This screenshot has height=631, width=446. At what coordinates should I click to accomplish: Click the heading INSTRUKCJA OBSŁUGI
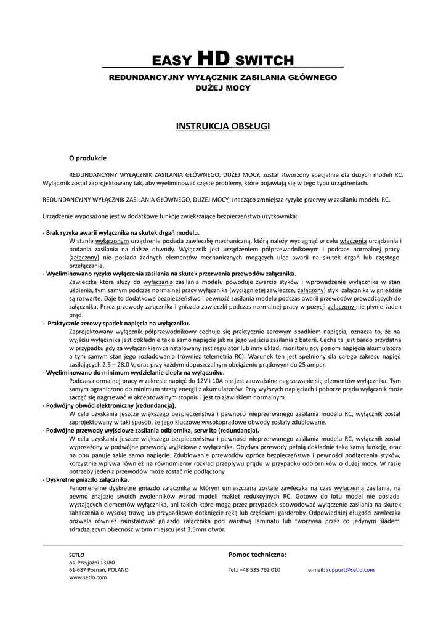223,126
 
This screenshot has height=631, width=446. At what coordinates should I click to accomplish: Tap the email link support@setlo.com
350,570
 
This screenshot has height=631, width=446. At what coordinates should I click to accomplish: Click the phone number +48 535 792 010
260,570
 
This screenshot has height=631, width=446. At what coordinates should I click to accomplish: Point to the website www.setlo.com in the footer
88,577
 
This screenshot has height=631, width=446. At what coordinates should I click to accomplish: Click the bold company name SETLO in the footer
77,555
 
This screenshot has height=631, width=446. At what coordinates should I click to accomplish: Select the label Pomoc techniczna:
257,555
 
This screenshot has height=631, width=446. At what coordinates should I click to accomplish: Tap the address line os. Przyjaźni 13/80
92,563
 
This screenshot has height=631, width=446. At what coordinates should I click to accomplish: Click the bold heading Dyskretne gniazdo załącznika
87,479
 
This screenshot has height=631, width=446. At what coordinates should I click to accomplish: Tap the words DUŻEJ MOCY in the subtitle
223,88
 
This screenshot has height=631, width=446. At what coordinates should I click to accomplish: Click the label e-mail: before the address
316,570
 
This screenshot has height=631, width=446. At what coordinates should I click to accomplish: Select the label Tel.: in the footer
233,570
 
